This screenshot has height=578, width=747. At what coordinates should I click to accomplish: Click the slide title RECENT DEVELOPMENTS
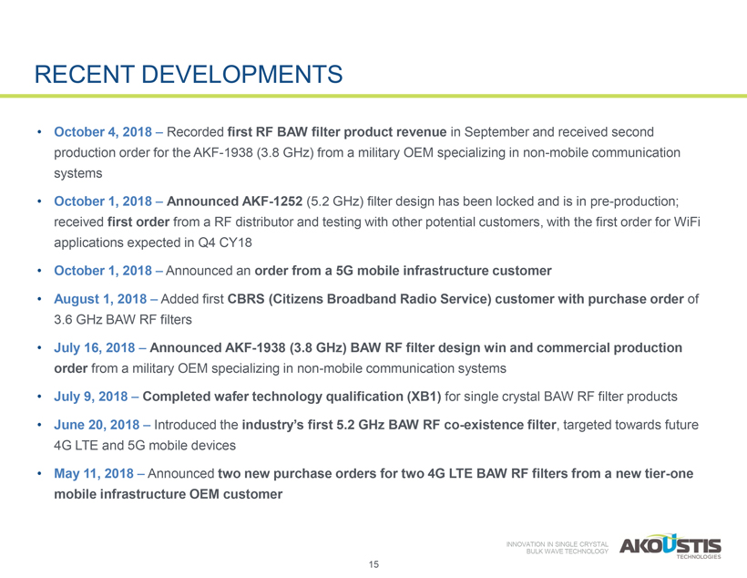pos(189,75)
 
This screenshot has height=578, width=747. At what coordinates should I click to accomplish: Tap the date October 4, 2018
pos(103,131)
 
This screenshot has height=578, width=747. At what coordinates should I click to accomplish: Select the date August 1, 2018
pos(100,299)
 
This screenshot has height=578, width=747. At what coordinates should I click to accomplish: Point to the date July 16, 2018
pos(95,348)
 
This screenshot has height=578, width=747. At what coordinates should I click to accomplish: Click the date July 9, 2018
pos(91,397)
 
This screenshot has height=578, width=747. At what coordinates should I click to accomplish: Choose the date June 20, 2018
pos(97,425)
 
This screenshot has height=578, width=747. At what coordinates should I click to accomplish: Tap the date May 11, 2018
pos(94,473)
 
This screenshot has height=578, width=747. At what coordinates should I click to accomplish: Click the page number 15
pos(373,564)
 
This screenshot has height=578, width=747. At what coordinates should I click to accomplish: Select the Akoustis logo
pos(670,546)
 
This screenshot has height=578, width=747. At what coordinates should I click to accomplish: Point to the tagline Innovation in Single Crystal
pos(557,544)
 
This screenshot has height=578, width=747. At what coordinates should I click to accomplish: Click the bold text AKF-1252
pos(272,201)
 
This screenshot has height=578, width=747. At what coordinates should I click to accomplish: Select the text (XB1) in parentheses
pos(424,397)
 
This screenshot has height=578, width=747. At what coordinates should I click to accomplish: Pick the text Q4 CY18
pos(225,243)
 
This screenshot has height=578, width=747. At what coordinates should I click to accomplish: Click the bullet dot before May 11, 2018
pos(39,474)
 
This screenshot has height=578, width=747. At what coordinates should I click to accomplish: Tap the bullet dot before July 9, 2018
pos(39,397)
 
